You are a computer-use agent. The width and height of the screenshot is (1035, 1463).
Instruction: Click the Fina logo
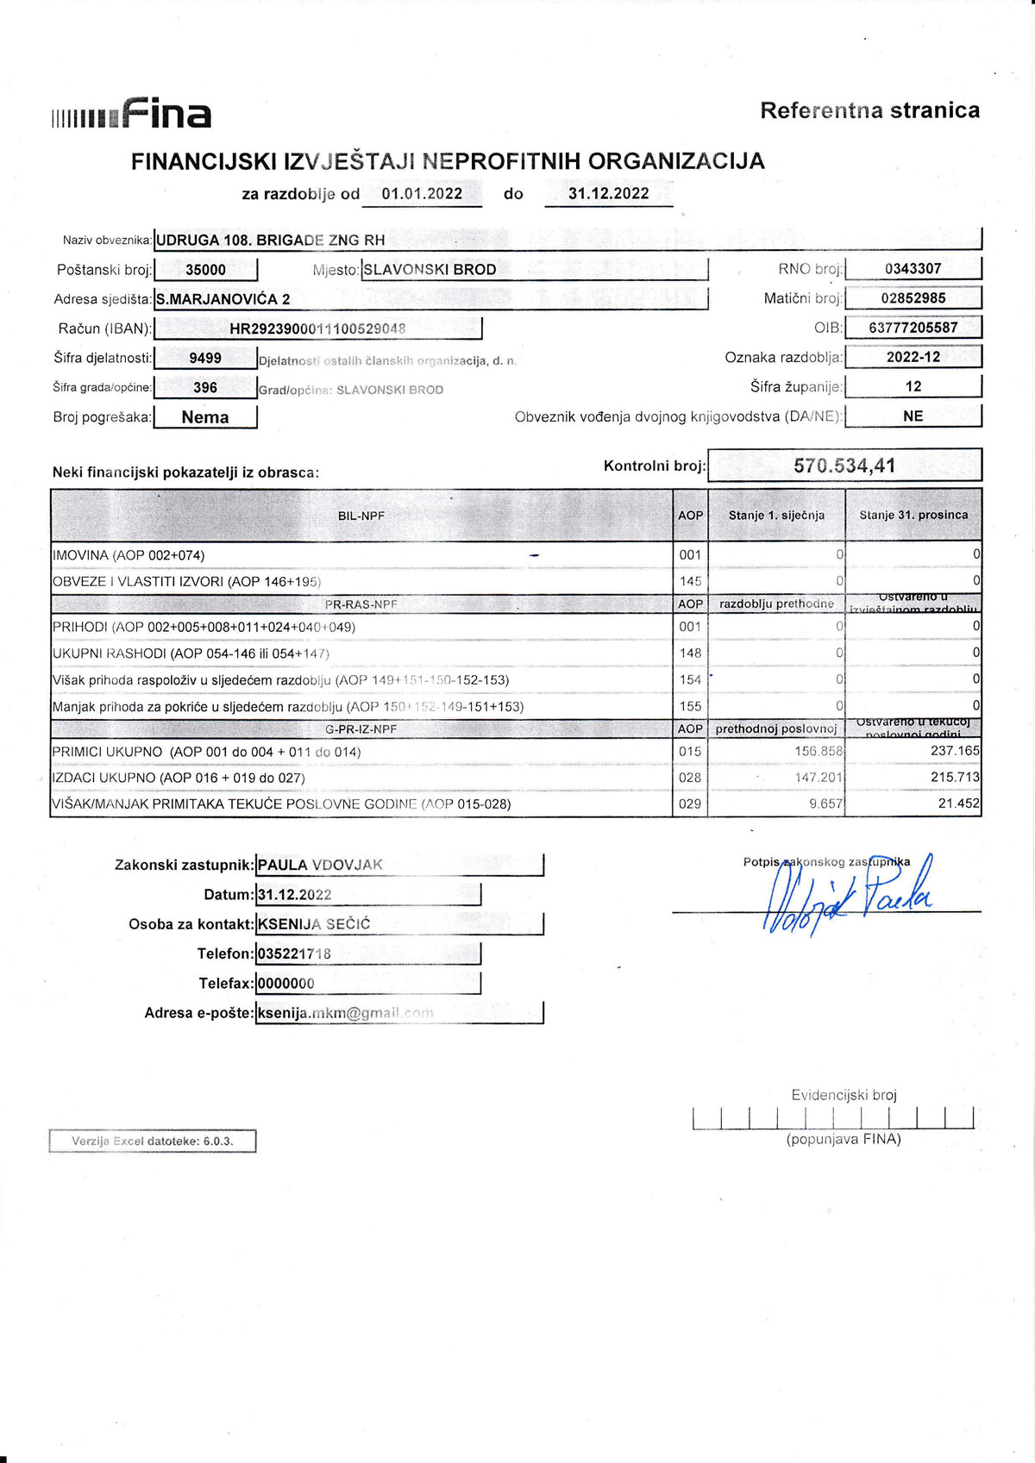[x=132, y=114]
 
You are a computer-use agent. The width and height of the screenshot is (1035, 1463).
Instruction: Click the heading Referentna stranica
[x=869, y=110]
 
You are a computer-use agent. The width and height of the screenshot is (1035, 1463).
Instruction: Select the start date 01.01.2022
[x=422, y=194]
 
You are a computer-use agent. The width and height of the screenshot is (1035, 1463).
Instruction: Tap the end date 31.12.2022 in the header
[x=608, y=194]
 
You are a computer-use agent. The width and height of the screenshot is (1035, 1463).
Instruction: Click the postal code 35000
[x=205, y=270]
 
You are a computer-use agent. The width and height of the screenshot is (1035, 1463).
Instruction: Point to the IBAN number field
[x=317, y=328]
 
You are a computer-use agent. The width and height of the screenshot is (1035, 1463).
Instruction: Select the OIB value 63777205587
[x=913, y=328]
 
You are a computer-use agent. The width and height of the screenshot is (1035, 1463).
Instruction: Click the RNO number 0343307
[x=913, y=269]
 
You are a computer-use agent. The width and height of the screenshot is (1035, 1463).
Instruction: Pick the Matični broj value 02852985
[x=913, y=298]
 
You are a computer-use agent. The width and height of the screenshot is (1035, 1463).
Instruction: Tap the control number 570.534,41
[x=844, y=466]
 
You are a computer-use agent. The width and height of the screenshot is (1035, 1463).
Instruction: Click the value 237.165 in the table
[x=955, y=751]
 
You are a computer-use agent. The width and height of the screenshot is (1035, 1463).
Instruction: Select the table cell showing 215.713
[x=955, y=778]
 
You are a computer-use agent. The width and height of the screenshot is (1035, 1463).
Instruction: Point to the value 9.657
[x=825, y=803]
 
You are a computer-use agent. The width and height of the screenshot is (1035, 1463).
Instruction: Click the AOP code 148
[x=690, y=653]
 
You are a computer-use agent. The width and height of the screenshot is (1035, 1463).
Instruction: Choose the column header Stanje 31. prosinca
[x=913, y=515]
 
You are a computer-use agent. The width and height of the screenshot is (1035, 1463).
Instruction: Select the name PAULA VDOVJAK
[x=320, y=865]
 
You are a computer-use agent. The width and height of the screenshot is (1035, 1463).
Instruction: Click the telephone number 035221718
[x=294, y=953]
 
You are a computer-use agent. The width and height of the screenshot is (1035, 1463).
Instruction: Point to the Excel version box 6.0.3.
[x=153, y=1141]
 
